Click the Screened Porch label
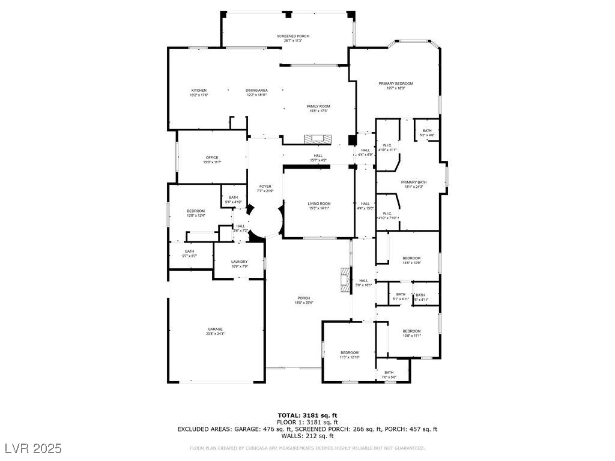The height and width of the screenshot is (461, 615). click(x=293, y=38)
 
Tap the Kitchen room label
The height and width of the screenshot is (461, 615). click(x=199, y=92)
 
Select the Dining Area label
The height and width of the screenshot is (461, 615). click(x=256, y=92)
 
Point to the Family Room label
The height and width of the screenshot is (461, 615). click(x=318, y=109)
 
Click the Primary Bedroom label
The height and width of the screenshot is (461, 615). click(x=395, y=86)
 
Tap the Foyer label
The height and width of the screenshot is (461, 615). click(x=265, y=188)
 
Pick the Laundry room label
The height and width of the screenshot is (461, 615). click(x=240, y=264)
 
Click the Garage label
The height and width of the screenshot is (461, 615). click(x=215, y=331)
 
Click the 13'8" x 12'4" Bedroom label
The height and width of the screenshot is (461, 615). click(x=196, y=213)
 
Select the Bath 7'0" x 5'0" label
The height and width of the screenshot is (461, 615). click(x=389, y=375)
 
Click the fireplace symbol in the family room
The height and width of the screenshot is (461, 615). click(x=317, y=139)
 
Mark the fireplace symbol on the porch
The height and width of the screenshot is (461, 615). click(x=344, y=280)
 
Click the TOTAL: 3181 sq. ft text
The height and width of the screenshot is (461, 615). click(x=307, y=415)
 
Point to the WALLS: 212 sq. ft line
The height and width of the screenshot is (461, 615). click(x=307, y=436)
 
